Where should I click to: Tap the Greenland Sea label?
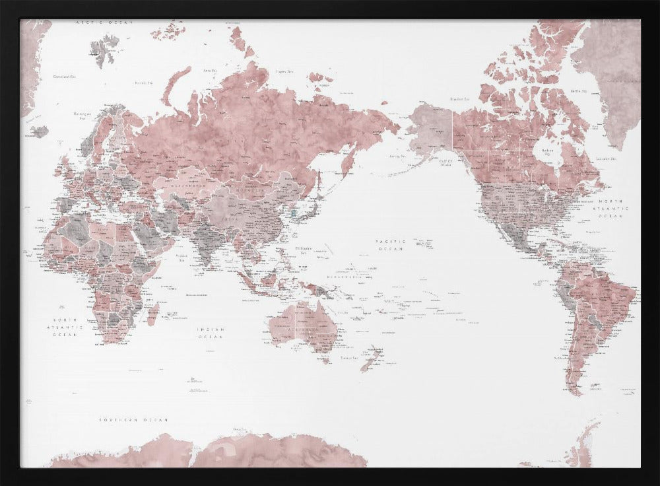coord(62,77)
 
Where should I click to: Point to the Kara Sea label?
coord(211,70)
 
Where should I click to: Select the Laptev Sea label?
coord(285,71)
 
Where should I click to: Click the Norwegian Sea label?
coord(81,117)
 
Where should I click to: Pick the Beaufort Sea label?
coord(459,99)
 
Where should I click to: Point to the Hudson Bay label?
coord(547,151)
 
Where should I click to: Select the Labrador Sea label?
coord(605,159)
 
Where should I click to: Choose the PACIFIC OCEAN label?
coord(390,246)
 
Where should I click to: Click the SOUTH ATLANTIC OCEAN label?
coord(68,327)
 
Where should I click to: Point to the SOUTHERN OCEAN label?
coord(134,420)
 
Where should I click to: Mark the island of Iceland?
coord(40,131)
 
